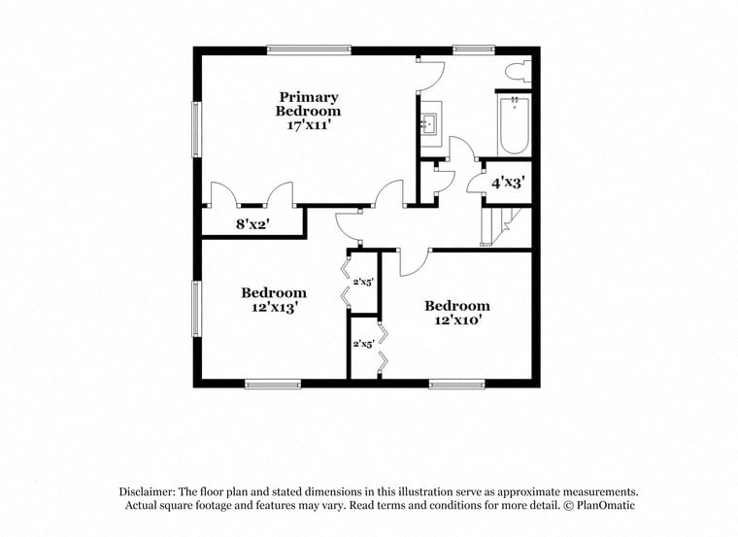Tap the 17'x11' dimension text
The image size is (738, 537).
[309, 125]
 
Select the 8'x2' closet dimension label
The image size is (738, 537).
[252, 224]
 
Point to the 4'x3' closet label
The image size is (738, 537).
[507, 183]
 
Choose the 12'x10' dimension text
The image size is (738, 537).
[456, 320]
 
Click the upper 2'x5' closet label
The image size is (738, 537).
[364, 282]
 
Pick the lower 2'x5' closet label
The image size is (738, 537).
[364, 344]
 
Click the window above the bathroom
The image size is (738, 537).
[473, 50]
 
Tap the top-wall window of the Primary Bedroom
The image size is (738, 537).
[309, 50]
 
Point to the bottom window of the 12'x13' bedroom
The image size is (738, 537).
[273, 384]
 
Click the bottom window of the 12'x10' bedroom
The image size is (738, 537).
[456, 384]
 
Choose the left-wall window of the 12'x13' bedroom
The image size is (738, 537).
[197, 308]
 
